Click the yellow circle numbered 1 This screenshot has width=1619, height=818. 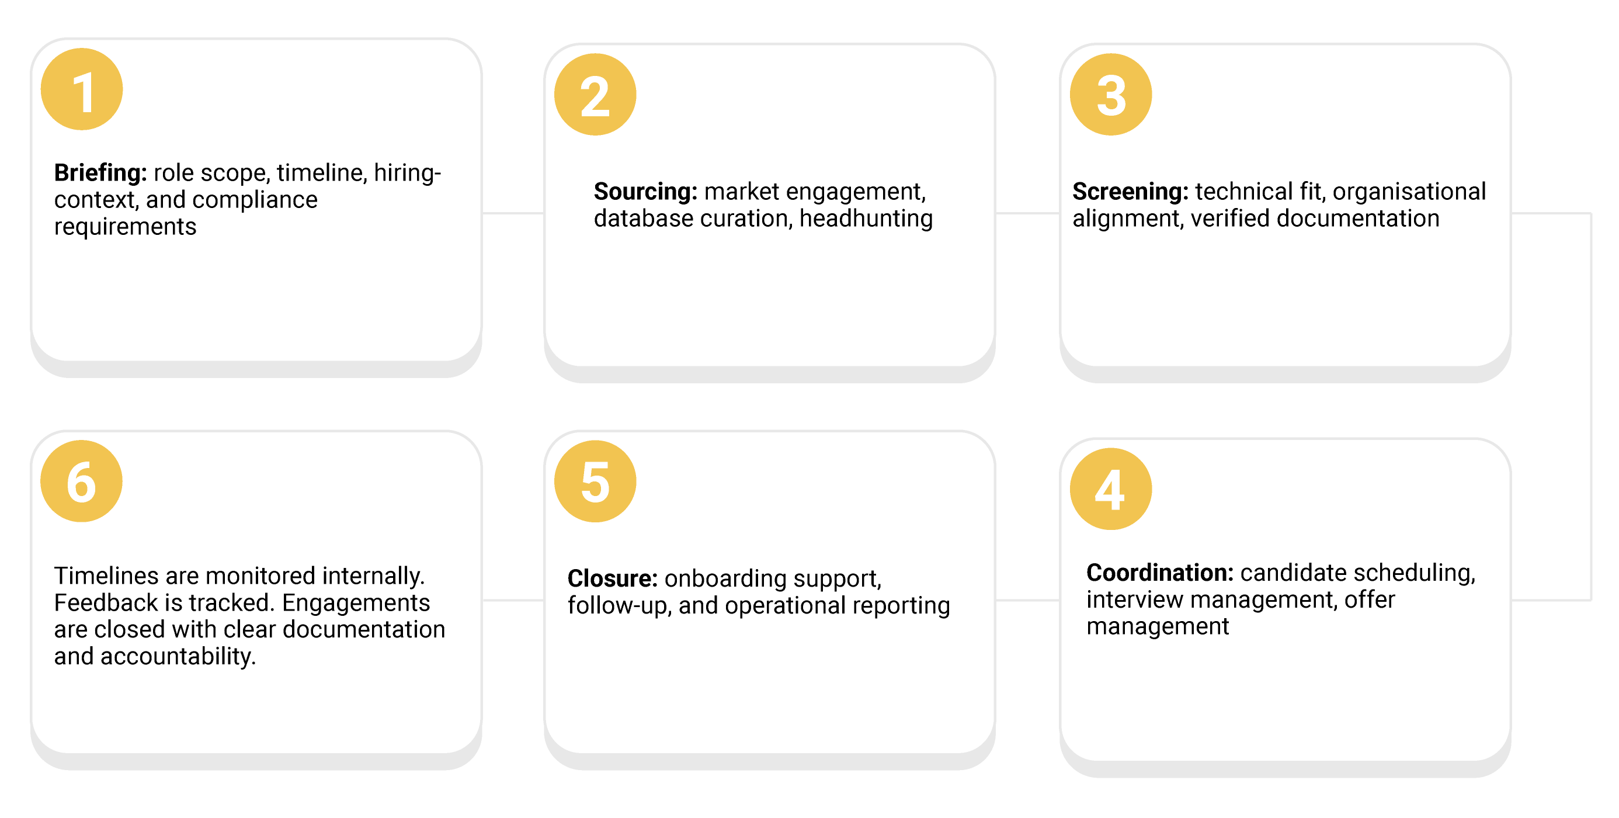coord(82,89)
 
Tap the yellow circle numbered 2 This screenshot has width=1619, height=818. coord(595,94)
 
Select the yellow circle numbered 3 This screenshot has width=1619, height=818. coord(1110,94)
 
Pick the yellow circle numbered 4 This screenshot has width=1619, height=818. coord(1110,488)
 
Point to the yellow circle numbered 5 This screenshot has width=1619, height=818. coord(595,481)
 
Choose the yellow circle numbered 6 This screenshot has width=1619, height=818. coord(82,481)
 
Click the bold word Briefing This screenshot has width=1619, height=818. coord(100,172)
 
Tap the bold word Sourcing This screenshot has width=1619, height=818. coord(645,191)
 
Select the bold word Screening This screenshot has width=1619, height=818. coord(1130,191)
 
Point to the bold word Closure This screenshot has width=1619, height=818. coord(612,578)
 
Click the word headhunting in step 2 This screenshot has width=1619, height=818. coord(866,219)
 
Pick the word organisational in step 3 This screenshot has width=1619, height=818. coord(1409,191)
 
